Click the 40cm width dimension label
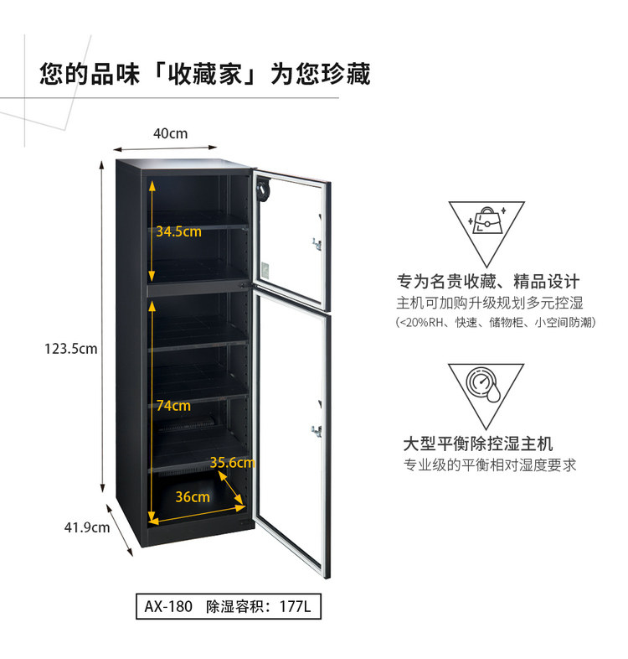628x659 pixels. point(171,133)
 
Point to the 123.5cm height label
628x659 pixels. point(71,349)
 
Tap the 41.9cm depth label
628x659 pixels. point(87,527)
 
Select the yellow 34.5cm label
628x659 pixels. point(179,231)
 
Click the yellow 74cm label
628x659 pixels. point(173,406)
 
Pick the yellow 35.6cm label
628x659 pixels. point(232,463)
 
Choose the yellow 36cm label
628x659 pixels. point(193,497)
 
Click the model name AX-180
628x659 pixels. point(168,606)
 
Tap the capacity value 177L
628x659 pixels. point(296,606)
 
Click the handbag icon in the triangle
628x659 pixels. point(487,221)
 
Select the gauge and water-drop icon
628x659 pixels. point(483,385)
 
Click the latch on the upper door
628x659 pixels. point(317,244)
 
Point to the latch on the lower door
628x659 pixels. point(317,431)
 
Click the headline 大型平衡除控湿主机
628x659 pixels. point(478,444)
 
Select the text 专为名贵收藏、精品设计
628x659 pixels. point(488,282)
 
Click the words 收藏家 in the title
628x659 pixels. point(205,75)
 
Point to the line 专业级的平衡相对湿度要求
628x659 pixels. point(490,465)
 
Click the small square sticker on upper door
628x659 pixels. point(265,270)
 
